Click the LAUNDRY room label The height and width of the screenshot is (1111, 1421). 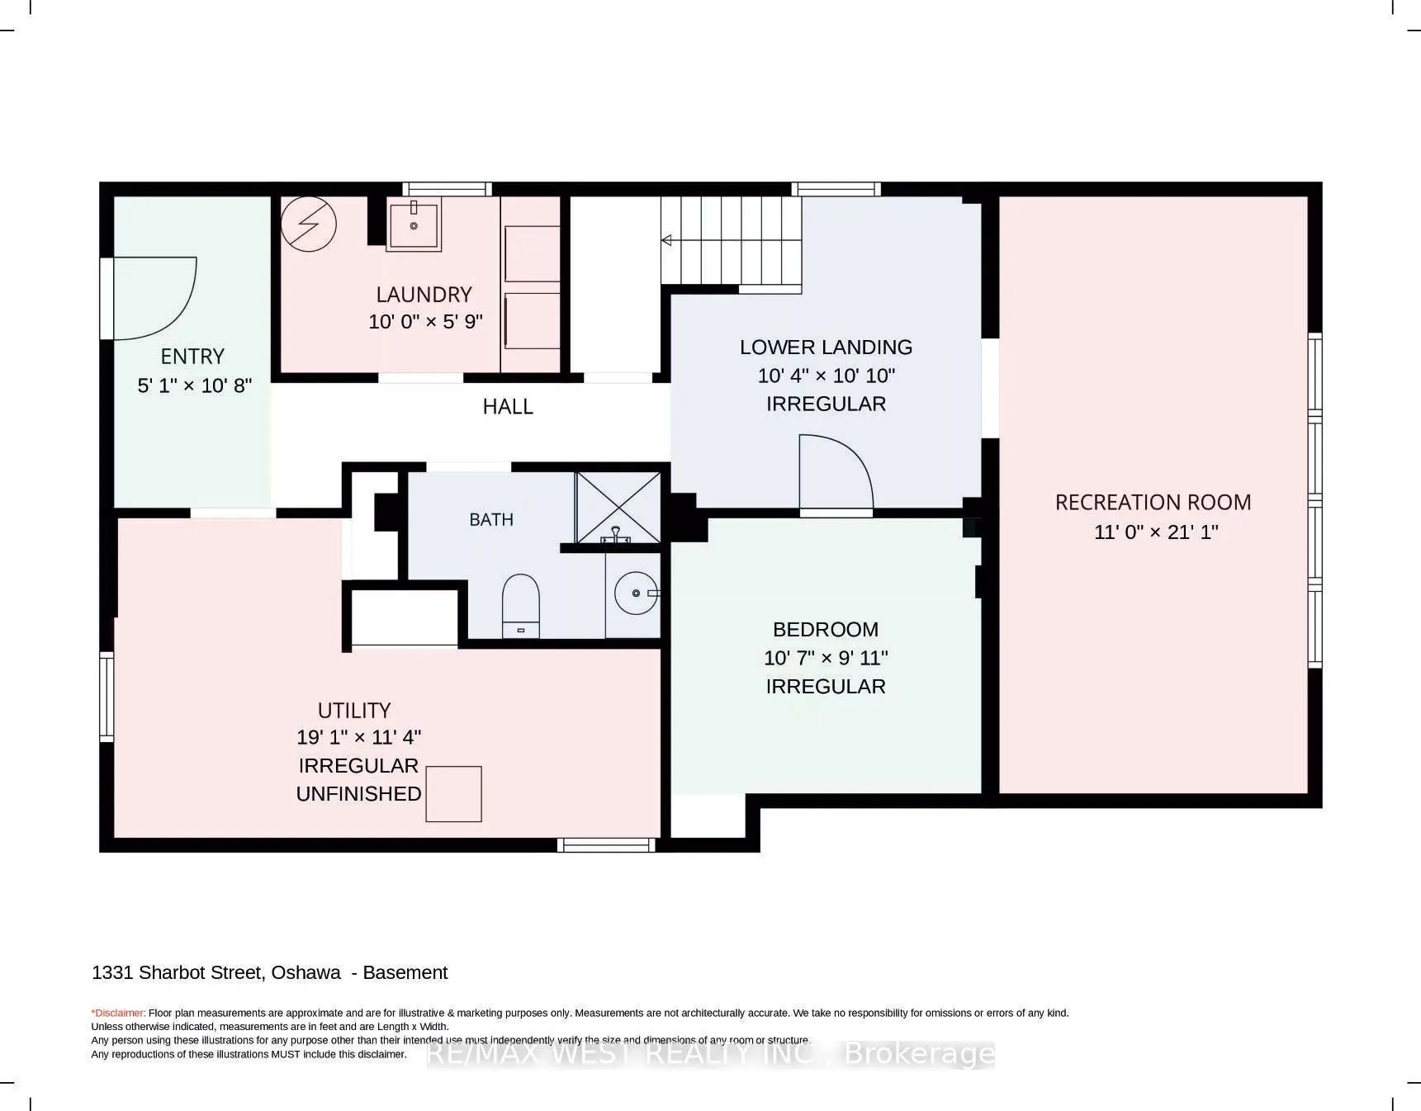[424, 295]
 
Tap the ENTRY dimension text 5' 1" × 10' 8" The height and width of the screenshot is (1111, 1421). [194, 385]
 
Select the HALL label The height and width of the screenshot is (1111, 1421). [508, 406]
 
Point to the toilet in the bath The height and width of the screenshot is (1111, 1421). [521, 606]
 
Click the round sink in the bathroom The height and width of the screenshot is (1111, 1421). [637, 593]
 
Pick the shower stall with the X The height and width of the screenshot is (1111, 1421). [618, 508]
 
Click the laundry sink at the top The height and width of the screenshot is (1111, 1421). [414, 223]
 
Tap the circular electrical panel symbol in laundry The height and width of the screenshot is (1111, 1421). [309, 224]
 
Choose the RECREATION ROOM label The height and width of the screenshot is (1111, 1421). [1153, 502]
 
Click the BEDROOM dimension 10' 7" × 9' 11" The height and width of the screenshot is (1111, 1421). [826, 658]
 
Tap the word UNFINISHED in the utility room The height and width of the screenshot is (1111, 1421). [359, 793]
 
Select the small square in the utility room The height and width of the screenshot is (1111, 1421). [453, 794]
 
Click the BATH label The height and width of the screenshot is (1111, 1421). [491, 519]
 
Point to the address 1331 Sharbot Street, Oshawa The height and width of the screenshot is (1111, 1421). [216, 972]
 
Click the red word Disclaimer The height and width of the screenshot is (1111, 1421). [119, 1013]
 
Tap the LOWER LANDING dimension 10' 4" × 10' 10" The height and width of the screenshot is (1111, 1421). [827, 376]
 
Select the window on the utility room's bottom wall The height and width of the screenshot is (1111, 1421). [606, 844]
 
